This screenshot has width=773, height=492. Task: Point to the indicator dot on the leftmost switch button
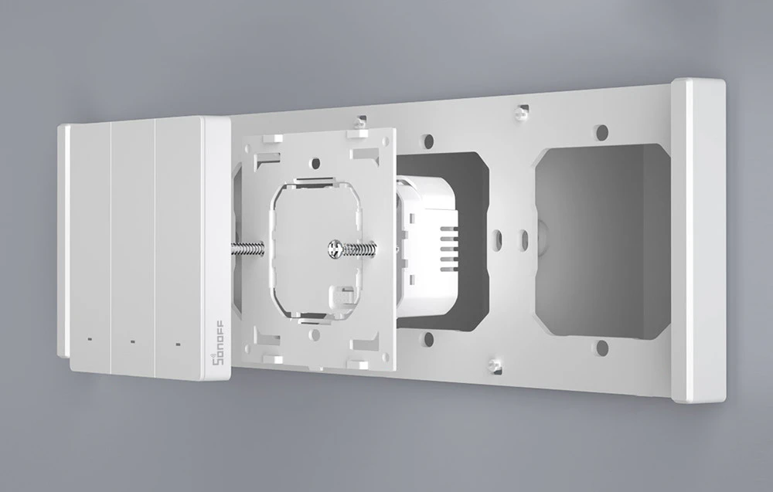pyautogui.click(x=89, y=339)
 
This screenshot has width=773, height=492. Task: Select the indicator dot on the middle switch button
pyautogui.click(x=132, y=341)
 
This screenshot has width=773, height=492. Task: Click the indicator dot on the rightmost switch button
pyautogui.click(x=178, y=343)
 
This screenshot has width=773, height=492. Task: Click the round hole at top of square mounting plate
pyautogui.click(x=315, y=163)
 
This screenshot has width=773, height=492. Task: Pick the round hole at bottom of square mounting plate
pyautogui.click(x=315, y=335)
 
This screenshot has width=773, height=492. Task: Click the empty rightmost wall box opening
pyautogui.click(x=603, y=241)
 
